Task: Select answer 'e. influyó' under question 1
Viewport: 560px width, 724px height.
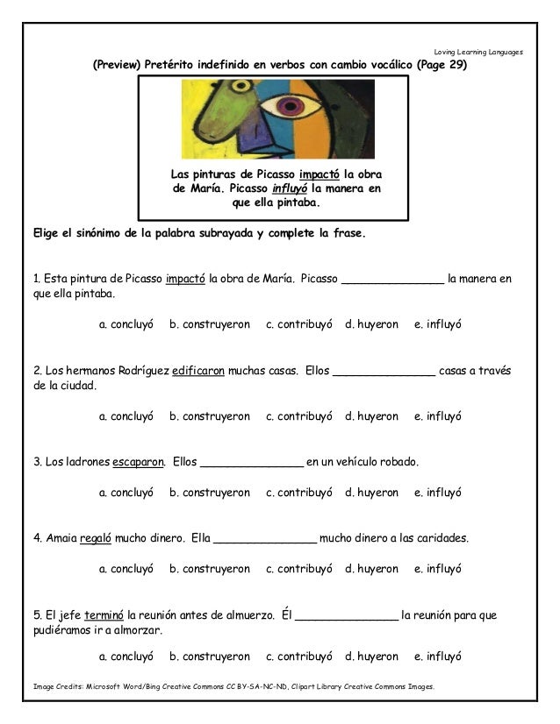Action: click(x=437, y=324)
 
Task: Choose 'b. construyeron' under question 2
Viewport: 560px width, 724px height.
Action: click(x=209, y=416)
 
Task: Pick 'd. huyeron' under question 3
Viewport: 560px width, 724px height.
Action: click(x=371, y=493)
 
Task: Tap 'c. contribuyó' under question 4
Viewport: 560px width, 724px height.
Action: click(x=298, y=569)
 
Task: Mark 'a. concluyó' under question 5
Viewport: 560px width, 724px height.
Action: click(x=126, y=656)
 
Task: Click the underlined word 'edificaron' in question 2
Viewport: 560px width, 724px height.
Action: click(x=198, y=370)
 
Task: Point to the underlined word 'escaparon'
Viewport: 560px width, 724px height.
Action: click(x=140, y=461)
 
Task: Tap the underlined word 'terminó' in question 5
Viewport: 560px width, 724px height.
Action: click(x=103, y=614)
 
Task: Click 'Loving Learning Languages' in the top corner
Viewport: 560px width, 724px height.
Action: click(x=478, y=52)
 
